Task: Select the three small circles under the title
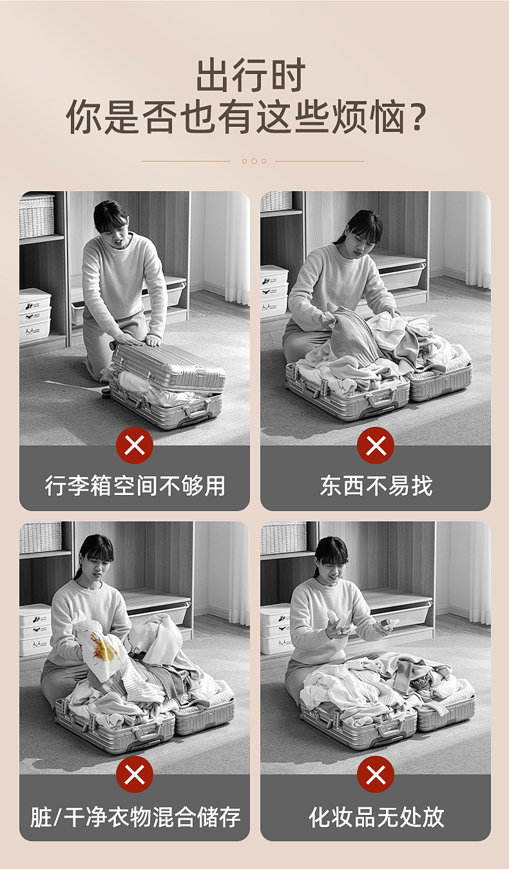tap(254, 161)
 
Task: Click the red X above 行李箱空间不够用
tap(135, 445)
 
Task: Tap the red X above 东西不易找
tap(376, 445)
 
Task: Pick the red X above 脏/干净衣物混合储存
tap(135, 774)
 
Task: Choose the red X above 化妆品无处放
tap(376, 774)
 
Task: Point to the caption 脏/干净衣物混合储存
tap(135, 817)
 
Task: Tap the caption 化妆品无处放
tap(376, 817)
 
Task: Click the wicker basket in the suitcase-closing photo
tap(37, 216)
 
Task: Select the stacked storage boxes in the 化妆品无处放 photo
tap(275, 628)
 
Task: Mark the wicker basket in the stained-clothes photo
tap(40, 537)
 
